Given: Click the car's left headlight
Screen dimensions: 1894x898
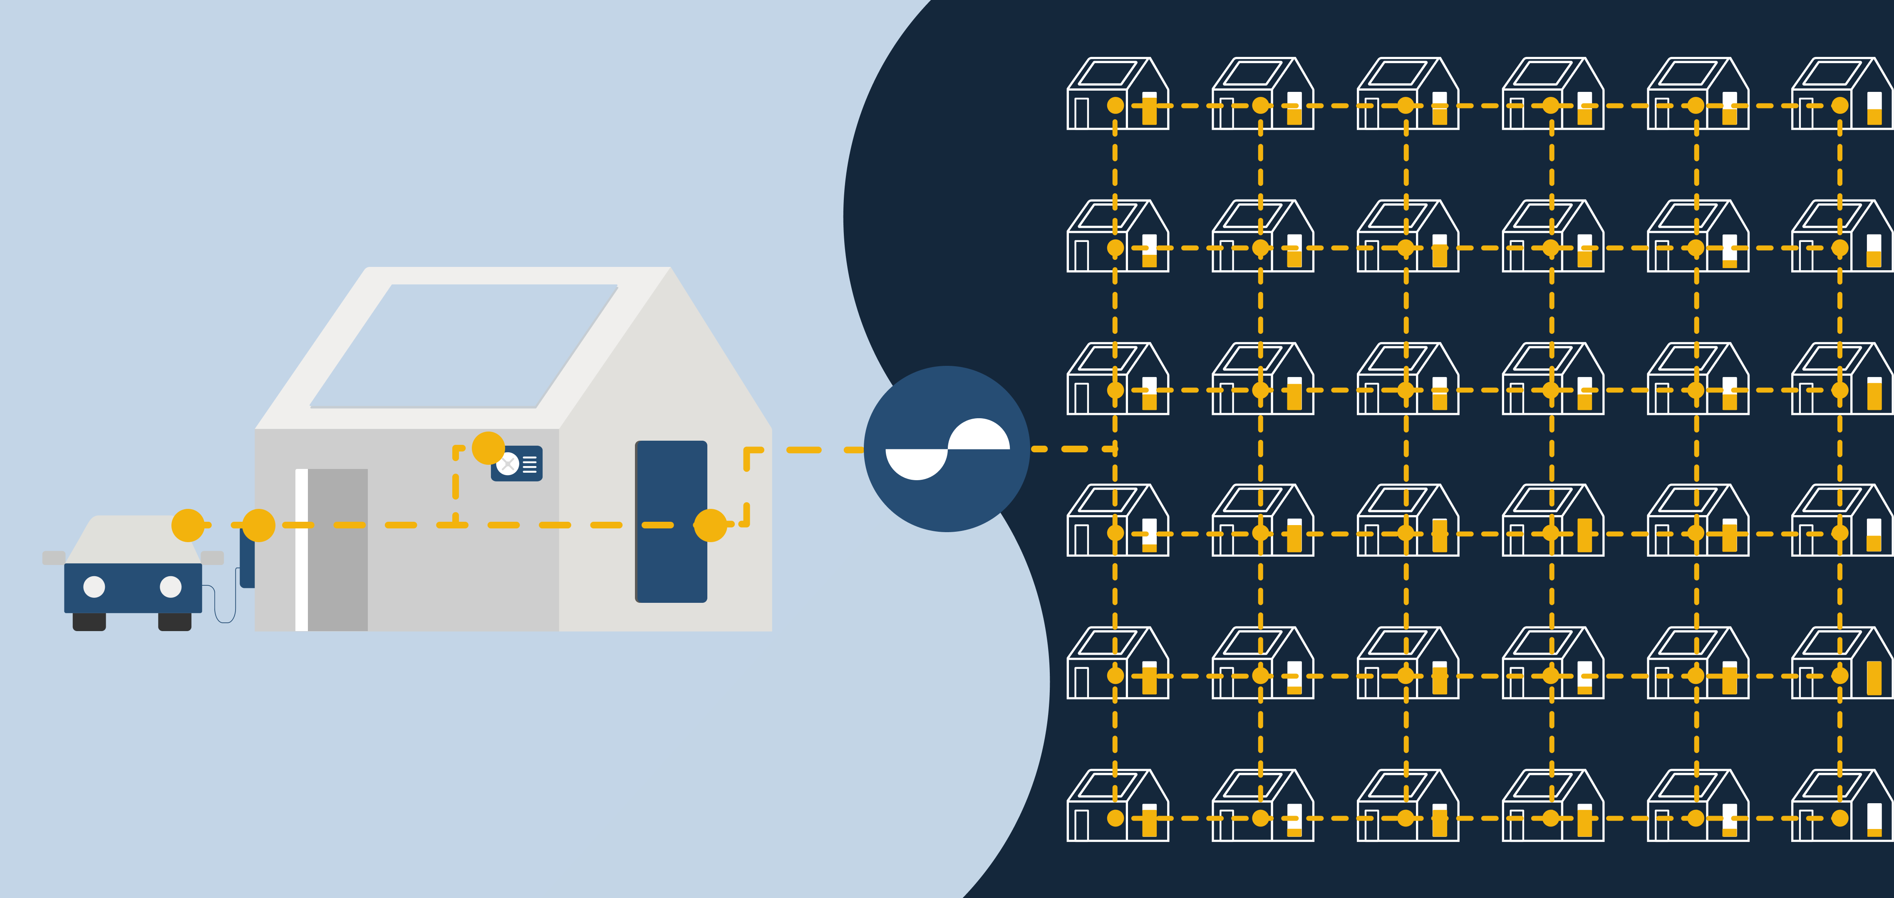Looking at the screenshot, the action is click(94, 587).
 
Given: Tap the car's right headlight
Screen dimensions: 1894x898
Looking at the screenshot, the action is click(171, 587).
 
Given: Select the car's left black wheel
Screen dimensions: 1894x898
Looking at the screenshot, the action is click(89, 622).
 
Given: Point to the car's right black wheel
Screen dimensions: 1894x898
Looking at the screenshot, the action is click(175, 622).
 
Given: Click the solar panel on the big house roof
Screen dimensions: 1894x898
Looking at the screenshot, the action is click(463, 345).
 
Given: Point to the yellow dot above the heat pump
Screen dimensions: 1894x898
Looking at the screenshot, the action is click(488, 447).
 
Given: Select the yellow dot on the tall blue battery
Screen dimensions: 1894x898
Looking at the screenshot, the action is click(710, 525).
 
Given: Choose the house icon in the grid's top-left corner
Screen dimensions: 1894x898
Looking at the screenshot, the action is click(1118, 94).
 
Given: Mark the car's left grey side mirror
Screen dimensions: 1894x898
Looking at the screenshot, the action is click(54, 558).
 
